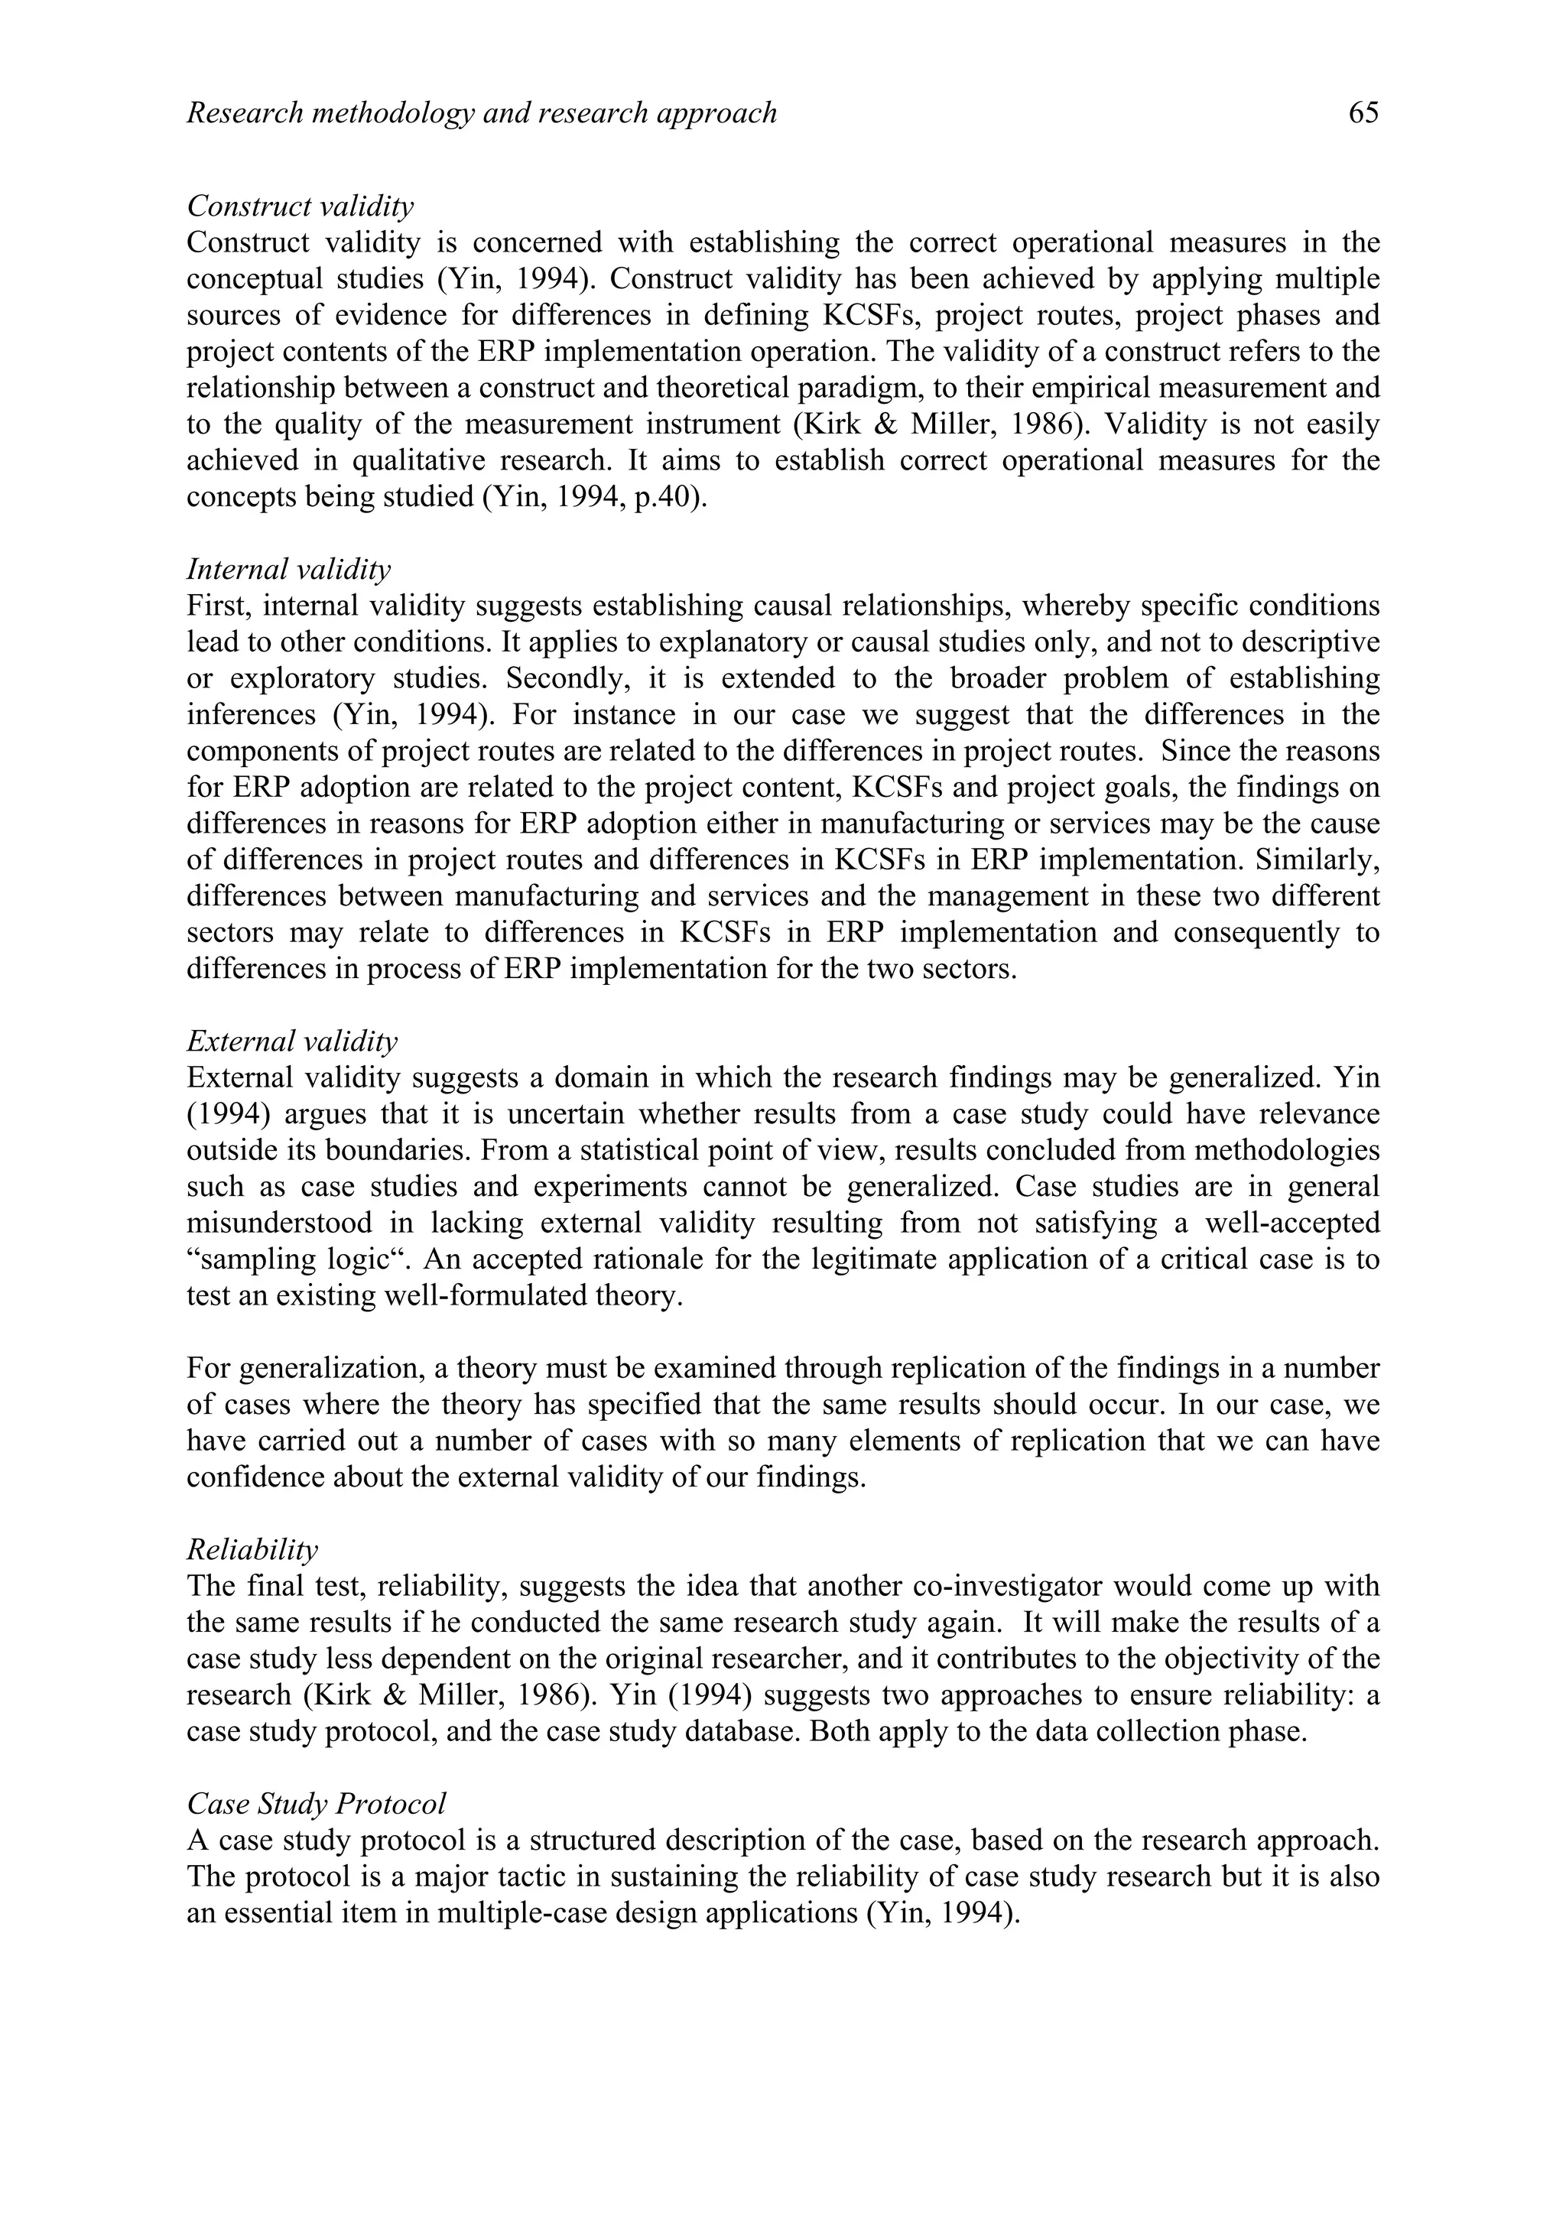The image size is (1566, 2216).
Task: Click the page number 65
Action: pyautogui.click(x=1363, y=114)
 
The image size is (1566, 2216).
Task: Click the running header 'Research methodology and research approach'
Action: pyautogui.click(x=482, y=114)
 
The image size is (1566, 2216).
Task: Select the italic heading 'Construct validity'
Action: pyautogui.click(x=300, y=206)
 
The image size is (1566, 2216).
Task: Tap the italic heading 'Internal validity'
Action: pyautogui.click(x=288, y=570)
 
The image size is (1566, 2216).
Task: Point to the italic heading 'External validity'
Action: pyautogui.click(x=291, y=1041)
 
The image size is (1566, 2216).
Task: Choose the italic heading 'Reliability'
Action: pyautogui.click(x=252, y=1550)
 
